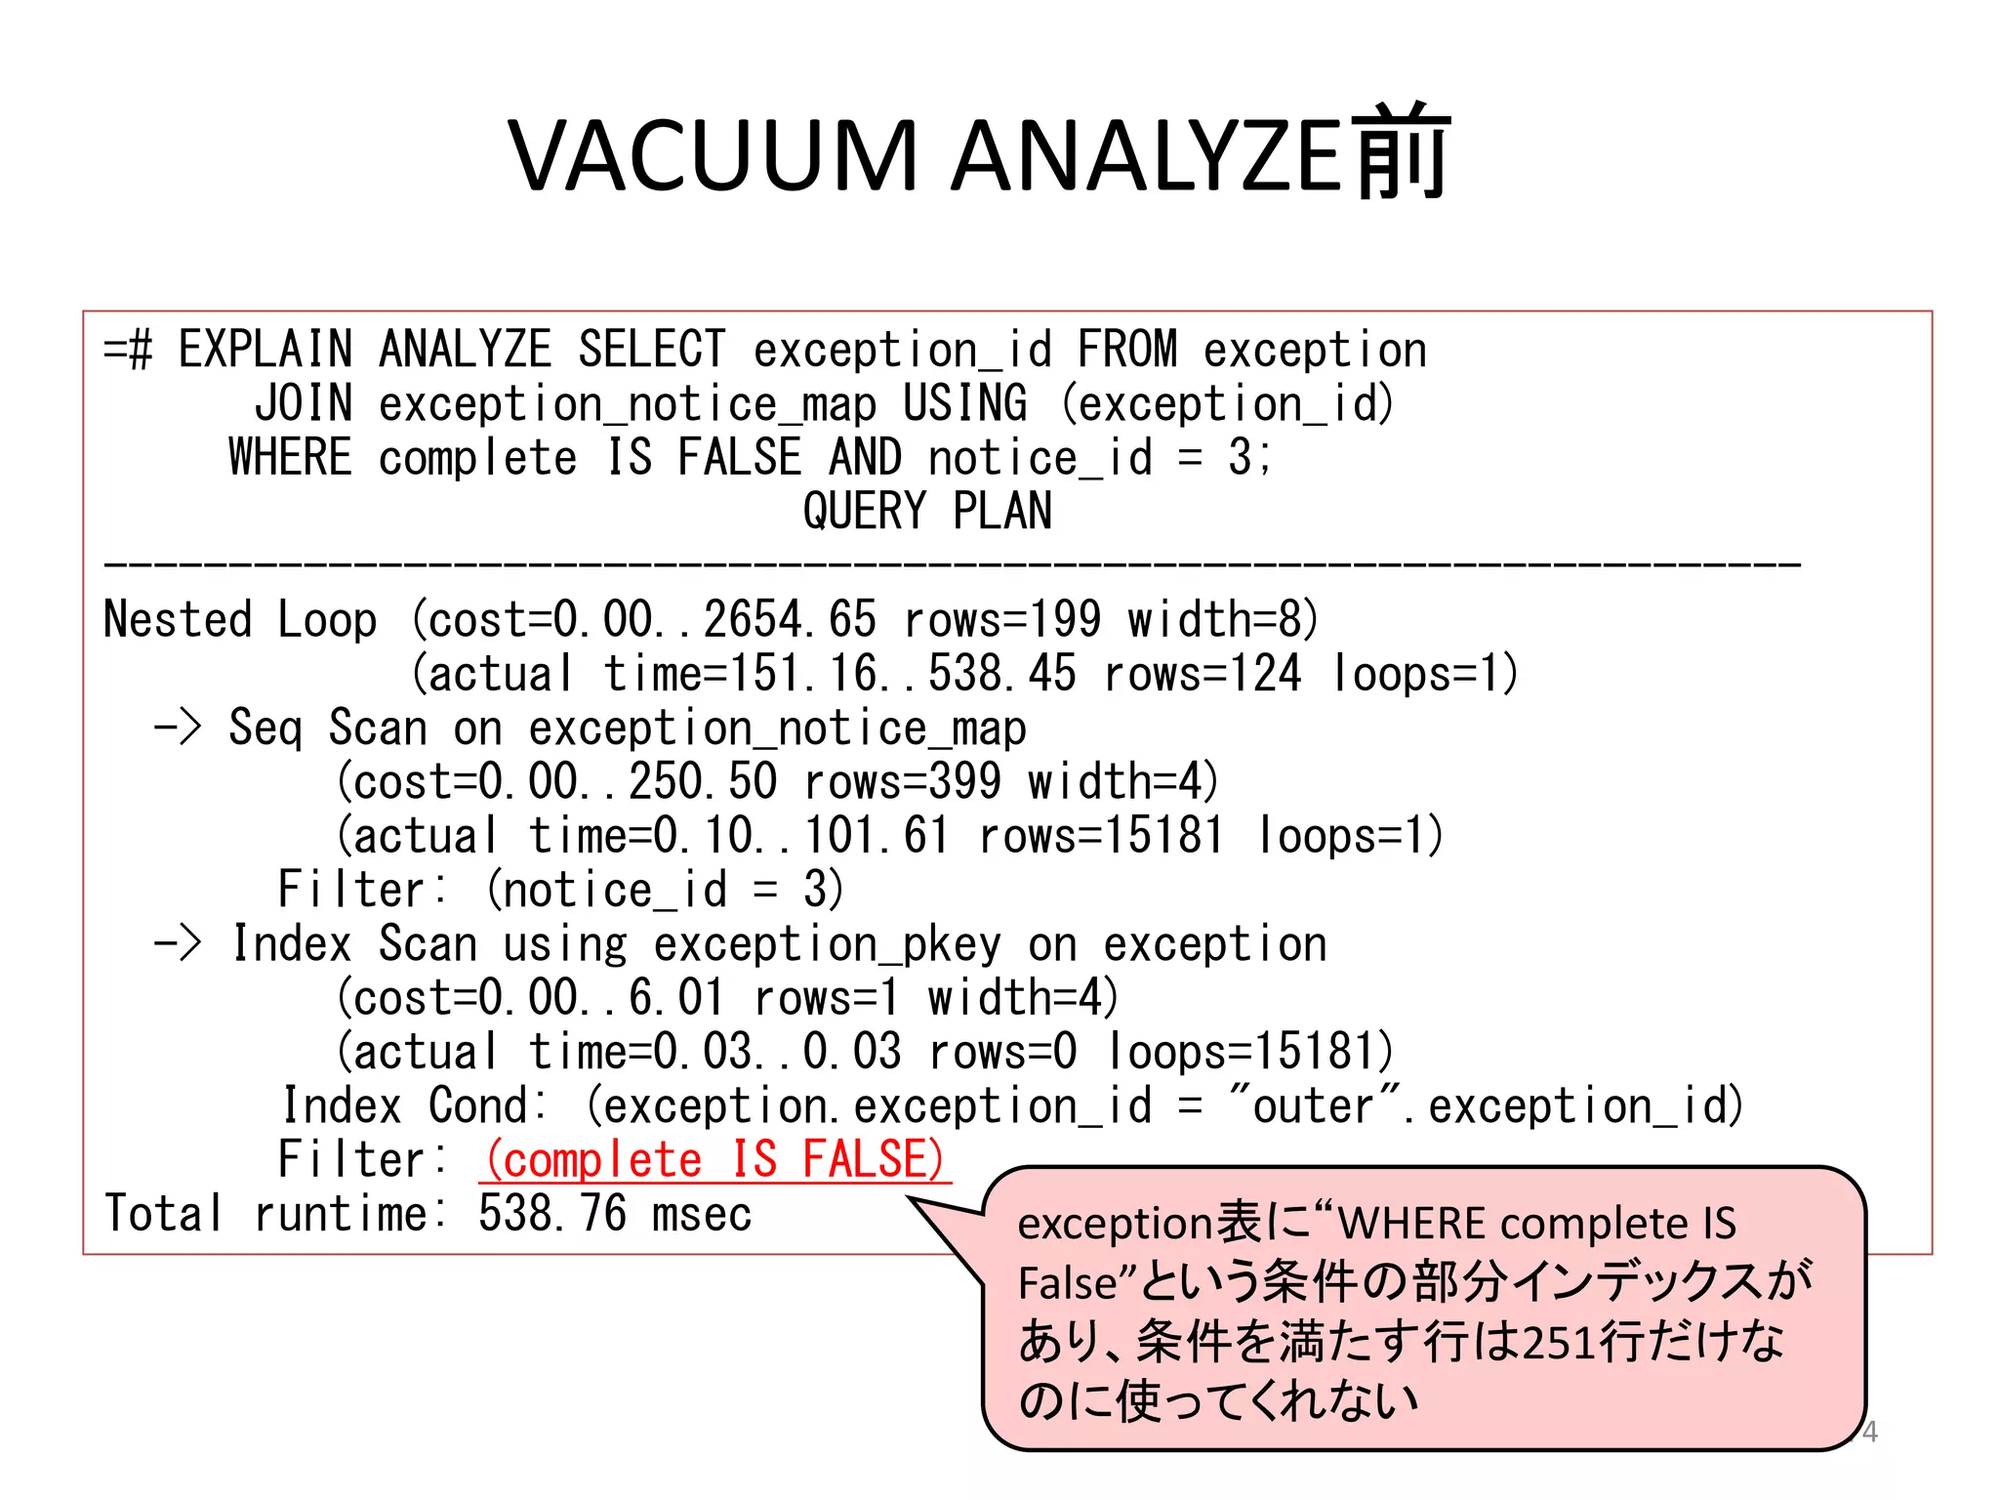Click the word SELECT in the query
pyautogui.click(x=652, y=350)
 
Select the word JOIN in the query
pyautogui.click(x=303, y=403)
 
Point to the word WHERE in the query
pyautogui.click(x=290, y=457)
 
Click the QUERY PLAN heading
pyautogui.click(x=927, y=512)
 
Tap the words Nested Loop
pyautogui.click(x=240, y=620)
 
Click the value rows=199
pyautogui.click(x=1002, y=620)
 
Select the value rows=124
pyautogui.click(x=1203, y=674)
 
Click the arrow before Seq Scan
pyautogui.click(x=177, y=728)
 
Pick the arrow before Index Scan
pyautogui.click(x=177, y=943)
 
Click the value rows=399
pyautogui.click(x=903, y=781)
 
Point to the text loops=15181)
pyautogui.click(x=1251, y=1052)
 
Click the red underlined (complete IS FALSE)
pyautogui.click(x=714, y=1160)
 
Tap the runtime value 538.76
pyautogui.click(x=552, y=1214)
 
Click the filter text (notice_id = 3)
pyautogui.click(x=665, y=890)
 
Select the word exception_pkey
pyautogui.click(x=827, y=944)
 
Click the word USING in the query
pyautogui.click(x=964, y=403)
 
